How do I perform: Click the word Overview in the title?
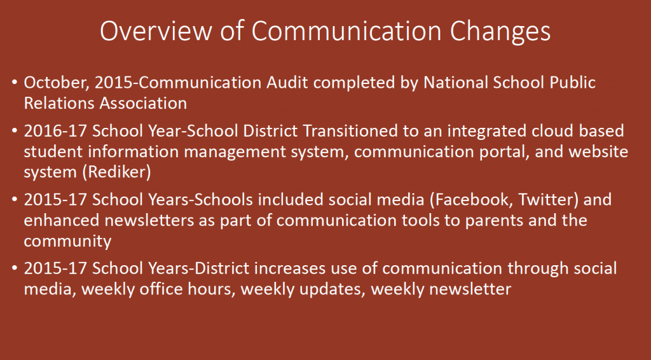point(156,31)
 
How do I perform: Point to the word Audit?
point(287,82)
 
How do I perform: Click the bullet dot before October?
point(15,82)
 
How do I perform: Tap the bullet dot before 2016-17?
point(15,131)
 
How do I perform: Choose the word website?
point(598,151)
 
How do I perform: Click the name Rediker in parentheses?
point(117,172)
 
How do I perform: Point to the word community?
point(67,242)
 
